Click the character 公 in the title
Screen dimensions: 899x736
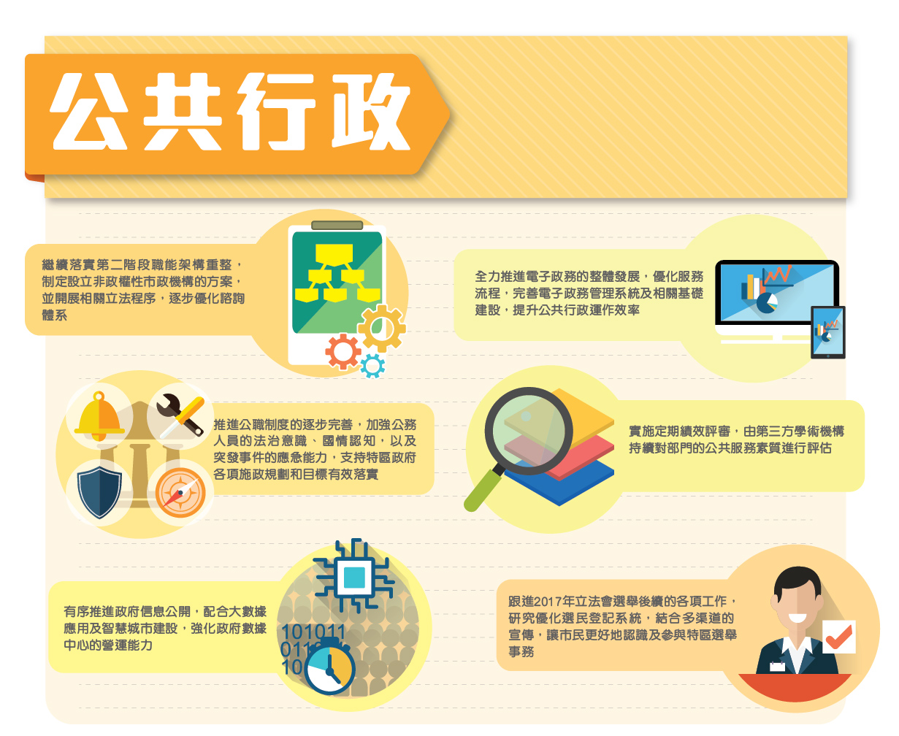(x=88, y=111)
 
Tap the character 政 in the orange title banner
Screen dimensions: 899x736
(x=371, y=111)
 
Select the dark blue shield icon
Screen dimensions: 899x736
(x=99, y=492)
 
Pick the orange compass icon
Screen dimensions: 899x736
(x=180, y=493)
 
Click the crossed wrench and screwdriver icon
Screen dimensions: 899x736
(x=180, y=415)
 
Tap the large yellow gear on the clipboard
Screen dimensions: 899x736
(x=381, y=328)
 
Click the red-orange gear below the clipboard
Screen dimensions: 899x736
(x=343, y=352)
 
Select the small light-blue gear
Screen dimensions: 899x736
(x=372, y=366)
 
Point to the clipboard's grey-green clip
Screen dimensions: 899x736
(x=337, y=225)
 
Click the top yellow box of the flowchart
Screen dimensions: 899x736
(x=334, y=253)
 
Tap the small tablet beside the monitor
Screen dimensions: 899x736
(x=828, y=332)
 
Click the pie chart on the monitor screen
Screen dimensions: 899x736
(x=767, y=303)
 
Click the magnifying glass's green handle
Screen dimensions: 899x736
(x=483, y=489)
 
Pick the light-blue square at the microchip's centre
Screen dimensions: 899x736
(x=354, y=578)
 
